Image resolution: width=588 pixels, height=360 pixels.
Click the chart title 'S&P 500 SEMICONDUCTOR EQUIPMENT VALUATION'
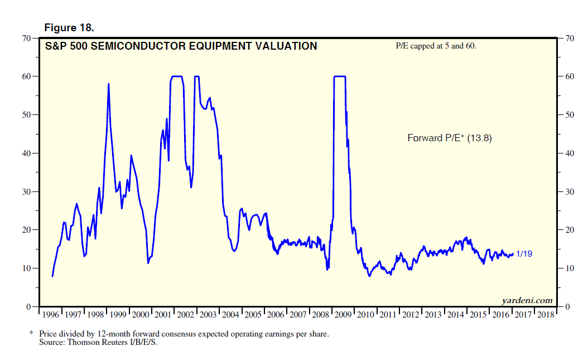pos(181,46)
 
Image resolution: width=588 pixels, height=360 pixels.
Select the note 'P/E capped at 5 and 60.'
pos(435,46)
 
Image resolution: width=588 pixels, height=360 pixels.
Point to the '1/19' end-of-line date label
pos(524,254)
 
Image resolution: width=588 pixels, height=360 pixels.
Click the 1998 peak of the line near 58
pos(108,84)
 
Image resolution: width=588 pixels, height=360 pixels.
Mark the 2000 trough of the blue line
pos(148,263)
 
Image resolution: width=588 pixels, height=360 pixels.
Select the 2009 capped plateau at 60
pos(340,76)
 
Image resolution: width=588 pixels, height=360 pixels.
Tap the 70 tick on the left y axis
pos(26,39)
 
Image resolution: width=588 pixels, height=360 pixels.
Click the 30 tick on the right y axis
pos(569,192)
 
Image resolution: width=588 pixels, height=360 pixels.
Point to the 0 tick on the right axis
pos(567,307)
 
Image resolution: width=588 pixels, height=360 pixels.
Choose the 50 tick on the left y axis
pos(26,115)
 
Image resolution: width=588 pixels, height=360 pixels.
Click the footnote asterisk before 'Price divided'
pos(32,333)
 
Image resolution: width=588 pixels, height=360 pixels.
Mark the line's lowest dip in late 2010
pos(369,276)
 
